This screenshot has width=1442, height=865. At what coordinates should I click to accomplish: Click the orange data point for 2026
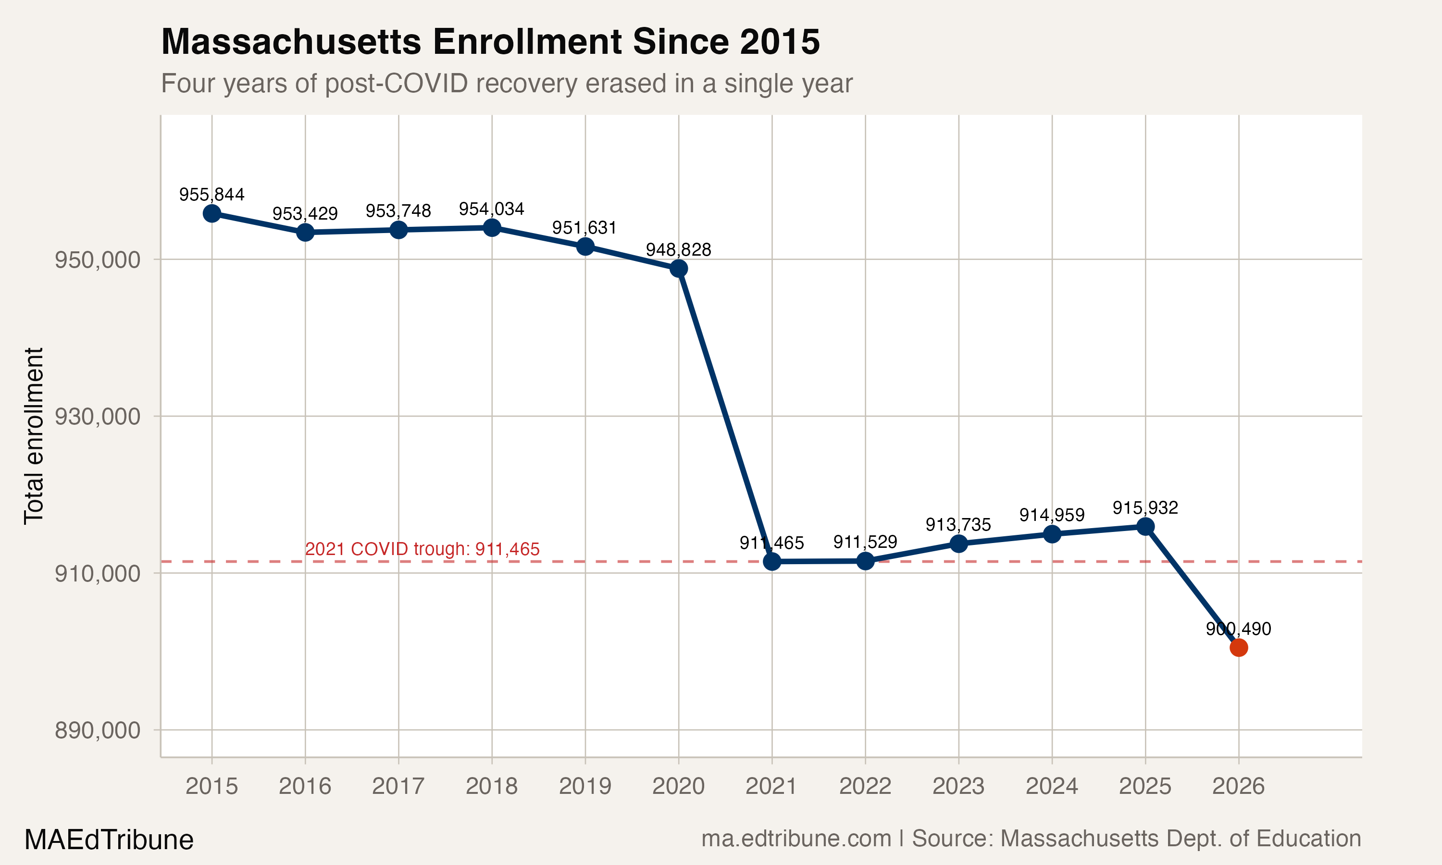point(1238,648)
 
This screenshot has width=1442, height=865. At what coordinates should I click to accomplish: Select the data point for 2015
point(211,213)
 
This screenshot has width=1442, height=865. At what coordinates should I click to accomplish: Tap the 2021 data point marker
point(771,561)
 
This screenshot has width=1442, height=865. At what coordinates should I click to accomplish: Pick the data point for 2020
point(678,269)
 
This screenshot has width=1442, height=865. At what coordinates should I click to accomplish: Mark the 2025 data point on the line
point(1145,526)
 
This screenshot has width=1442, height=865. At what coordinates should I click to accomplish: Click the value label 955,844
point(211,195)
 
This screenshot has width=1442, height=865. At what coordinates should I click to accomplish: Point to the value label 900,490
point(1238,629)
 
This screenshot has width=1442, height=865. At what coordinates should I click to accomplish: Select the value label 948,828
point(678,250)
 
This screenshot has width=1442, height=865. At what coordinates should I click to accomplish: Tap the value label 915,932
point(1145,507)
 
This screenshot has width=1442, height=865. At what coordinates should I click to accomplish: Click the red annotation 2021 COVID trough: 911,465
point(422,549)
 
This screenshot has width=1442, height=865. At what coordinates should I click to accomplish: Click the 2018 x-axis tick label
point(491,787)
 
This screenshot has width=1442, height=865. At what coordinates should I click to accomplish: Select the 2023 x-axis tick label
point(958,787)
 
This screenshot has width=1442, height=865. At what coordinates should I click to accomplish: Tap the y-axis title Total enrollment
point(34,436)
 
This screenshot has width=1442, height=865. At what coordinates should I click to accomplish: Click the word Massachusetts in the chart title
point(291,42)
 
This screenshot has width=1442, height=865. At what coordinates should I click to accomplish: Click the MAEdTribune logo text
point(109,840)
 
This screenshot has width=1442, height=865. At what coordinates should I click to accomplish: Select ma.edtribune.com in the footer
point(796,839)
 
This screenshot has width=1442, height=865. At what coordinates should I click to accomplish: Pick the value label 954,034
point(491,209)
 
